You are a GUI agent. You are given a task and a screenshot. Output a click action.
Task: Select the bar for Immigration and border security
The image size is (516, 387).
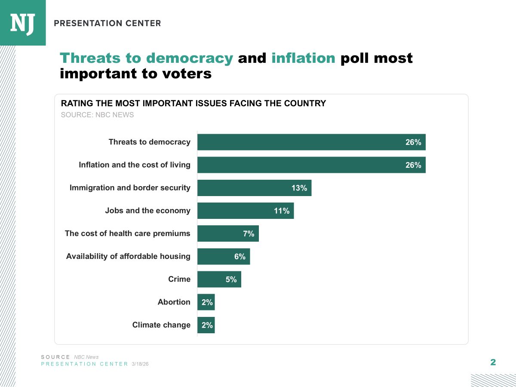(x=254, y=188)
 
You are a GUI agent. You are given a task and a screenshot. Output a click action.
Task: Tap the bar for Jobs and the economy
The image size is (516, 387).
(x=245, y=211)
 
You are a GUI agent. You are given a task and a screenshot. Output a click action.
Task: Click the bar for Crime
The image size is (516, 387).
(x=219, y=279)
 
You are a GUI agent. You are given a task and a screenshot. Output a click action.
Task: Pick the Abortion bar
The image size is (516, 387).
(x=206, y=302)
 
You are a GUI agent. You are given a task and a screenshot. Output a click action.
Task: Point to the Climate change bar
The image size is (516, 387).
(x=206, y=325)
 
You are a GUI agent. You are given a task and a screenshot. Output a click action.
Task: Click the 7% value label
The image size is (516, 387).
(x=249, y=233)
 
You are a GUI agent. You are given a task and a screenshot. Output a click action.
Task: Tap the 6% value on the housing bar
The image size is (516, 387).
(x=240, y=256)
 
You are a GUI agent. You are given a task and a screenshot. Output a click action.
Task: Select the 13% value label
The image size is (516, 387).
(x=299, y=188)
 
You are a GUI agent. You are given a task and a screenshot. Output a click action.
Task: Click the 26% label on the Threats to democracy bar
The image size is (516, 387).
(x=413, y=142)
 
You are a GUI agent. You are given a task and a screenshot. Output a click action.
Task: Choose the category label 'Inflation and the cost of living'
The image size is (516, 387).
(x=135, y=165)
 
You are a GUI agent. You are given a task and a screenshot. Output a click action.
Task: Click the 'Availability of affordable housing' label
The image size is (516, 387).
(x=128, y=256)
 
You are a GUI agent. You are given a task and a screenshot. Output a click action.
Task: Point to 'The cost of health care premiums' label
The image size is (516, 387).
(x=127, y=233)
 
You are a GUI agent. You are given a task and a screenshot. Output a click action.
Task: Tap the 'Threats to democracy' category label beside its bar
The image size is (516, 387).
(x=149, y=142)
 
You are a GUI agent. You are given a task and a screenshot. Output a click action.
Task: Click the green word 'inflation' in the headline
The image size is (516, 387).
(x=303, y=58)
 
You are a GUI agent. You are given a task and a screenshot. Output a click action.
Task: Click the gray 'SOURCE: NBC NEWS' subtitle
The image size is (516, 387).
(x=98, y=115)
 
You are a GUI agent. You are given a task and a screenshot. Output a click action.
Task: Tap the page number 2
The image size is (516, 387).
(x=493, y=362)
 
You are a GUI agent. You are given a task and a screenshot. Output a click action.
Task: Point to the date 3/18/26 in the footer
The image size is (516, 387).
(x=140, y=364)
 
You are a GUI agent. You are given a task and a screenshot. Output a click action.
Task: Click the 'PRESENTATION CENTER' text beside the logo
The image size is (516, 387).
(x=107, y=23)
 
